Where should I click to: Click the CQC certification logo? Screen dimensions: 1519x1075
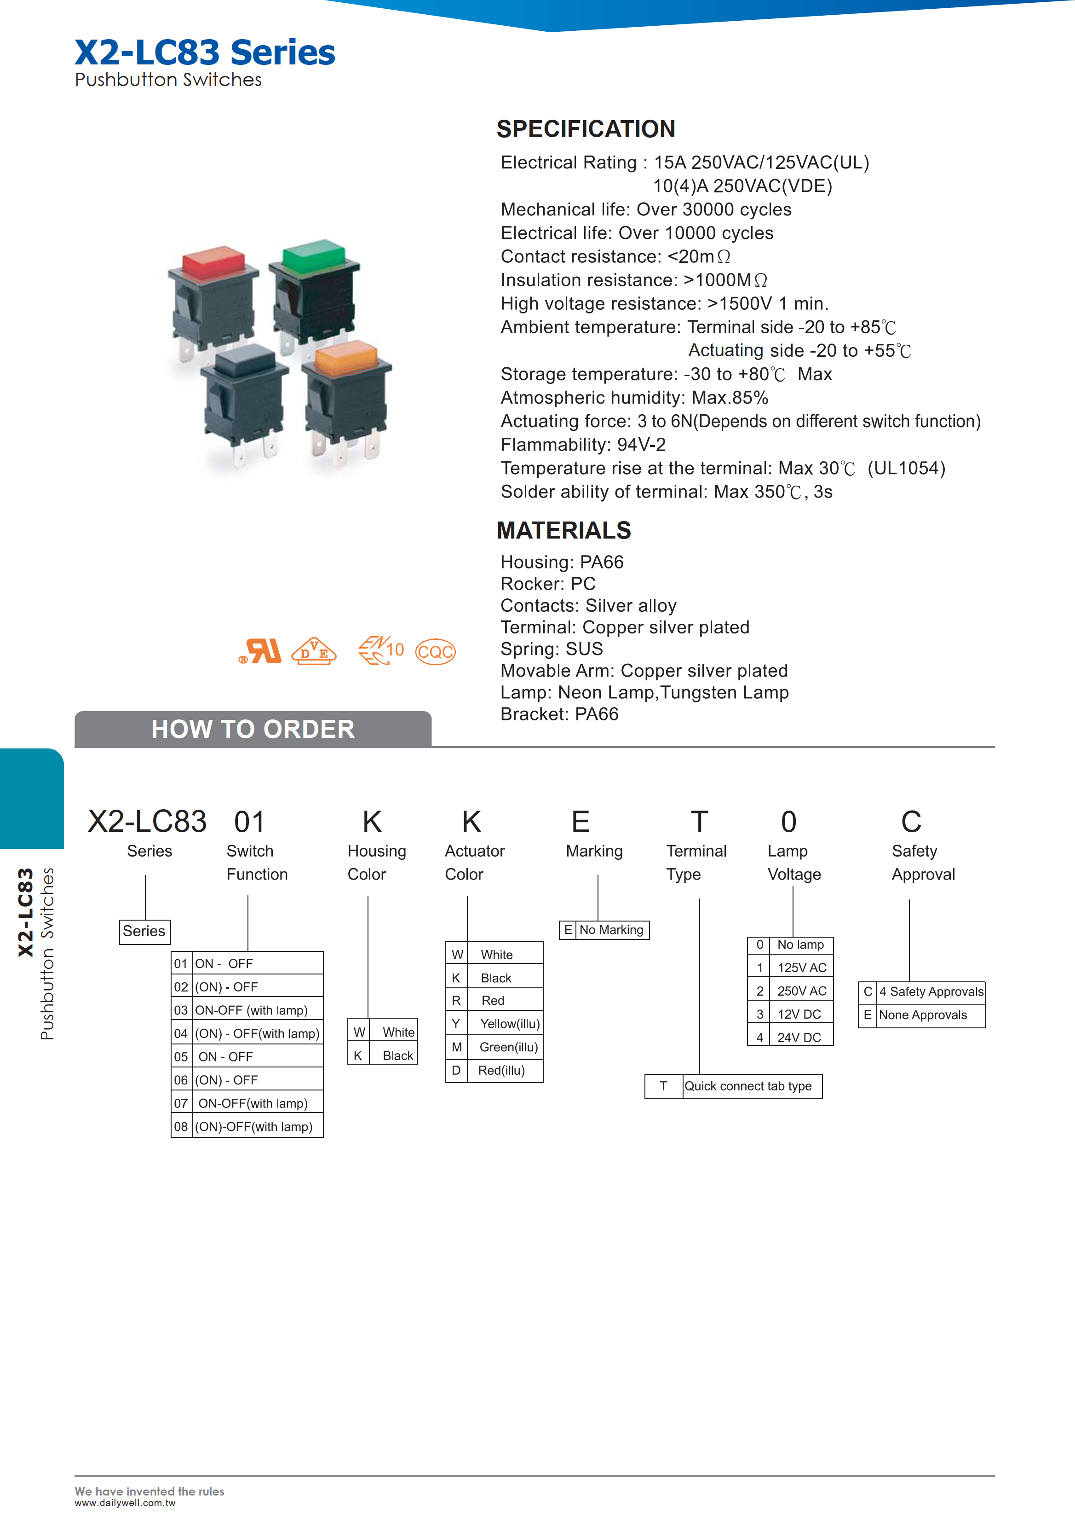(x=435, y=652)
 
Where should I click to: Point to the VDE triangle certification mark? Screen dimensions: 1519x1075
(x=314, y=651)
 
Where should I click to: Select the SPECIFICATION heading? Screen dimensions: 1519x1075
(x=586, y=129)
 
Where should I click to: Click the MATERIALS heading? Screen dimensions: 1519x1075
(x=564, y=531)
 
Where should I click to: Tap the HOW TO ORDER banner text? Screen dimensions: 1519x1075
(x=253, y=730)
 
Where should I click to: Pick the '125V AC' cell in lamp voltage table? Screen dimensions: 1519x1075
(x=801, y=968)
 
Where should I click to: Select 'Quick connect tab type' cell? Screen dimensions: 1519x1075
(x=748, y=1086)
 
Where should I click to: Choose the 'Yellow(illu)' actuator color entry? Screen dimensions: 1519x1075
(x=509, y=1024)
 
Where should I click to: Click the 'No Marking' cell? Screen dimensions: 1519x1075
(x=611, y=930)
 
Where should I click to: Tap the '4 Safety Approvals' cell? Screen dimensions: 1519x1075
(x=931, y=991)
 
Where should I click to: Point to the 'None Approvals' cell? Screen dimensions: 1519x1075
(x=923, y=1015)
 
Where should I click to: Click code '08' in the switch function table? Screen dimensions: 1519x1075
(x=181, y=1127)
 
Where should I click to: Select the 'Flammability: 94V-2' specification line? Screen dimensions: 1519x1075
(x=582, y=445)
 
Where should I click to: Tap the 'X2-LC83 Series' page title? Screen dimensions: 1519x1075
(x=205, y=52)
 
